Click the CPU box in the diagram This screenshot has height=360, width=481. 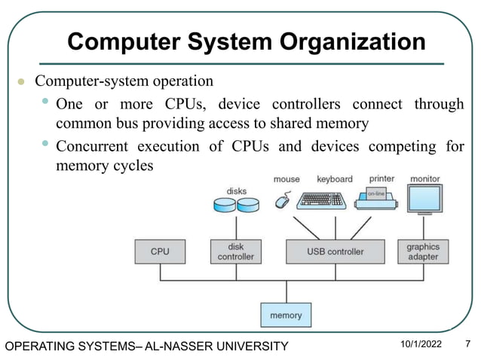coord(160,252)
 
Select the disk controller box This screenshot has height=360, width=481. coord(236,252)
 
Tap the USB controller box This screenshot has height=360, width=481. coord(335,252)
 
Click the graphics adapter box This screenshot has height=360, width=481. coord(423,252)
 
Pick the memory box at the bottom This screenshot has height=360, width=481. coord(286,316)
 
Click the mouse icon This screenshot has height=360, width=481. coord(283,201)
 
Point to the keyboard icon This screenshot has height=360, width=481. coord(323,200)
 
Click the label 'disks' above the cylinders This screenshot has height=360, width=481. coord(236,191)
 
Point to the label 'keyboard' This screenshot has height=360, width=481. coord(334,179)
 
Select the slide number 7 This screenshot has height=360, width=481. coord(467,345)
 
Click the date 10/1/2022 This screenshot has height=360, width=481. coord(421,345)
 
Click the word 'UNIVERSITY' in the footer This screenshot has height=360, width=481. coord(250,346)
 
